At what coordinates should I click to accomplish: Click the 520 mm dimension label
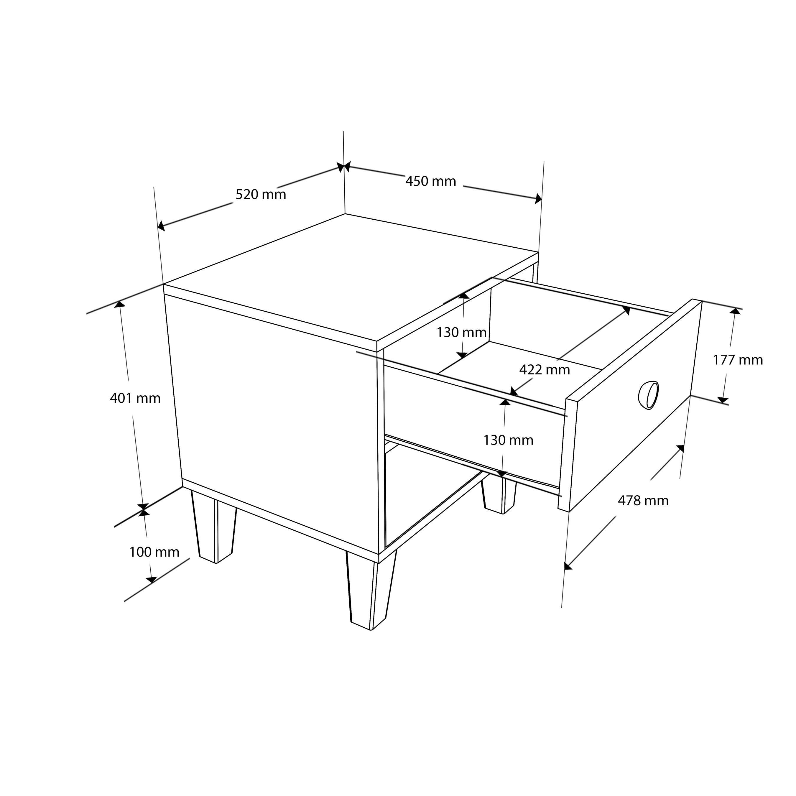click(261, 195)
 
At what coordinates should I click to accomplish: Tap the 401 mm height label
click(135, 398)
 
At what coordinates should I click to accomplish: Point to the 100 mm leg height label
click(154, 552)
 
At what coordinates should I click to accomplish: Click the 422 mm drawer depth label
click(545, 370)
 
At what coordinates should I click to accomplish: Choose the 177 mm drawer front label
click(738, 360)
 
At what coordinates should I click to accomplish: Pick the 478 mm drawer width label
click(644, 501)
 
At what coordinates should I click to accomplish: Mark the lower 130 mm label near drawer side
click(509, 440)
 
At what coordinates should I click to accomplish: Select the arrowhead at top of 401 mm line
click(119, 304)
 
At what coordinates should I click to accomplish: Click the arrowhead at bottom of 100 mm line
click(151, 580)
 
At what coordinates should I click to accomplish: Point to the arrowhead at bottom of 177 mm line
click(723, 400)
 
